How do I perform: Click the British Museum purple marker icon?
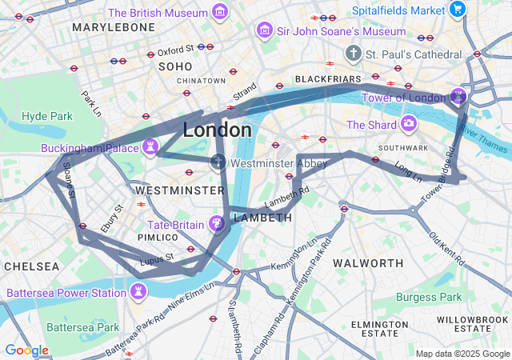point(219,12)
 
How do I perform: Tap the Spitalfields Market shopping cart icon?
point(457,10)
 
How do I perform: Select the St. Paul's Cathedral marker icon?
point(354,54)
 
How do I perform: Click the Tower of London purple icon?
point(457,97)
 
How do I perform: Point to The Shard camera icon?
point(409,124)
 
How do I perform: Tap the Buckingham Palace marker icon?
point(149,147)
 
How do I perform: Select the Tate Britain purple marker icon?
point(216,224)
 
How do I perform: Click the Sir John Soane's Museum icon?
point(264,30)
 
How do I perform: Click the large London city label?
point(217,130)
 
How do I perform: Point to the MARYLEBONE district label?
point(113,27)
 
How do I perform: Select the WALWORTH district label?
point(367,262)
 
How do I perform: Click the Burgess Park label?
point(429,297)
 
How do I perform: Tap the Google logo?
point(26,350)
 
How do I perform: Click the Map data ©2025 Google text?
point(463,354)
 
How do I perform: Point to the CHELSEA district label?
point(30,266)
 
